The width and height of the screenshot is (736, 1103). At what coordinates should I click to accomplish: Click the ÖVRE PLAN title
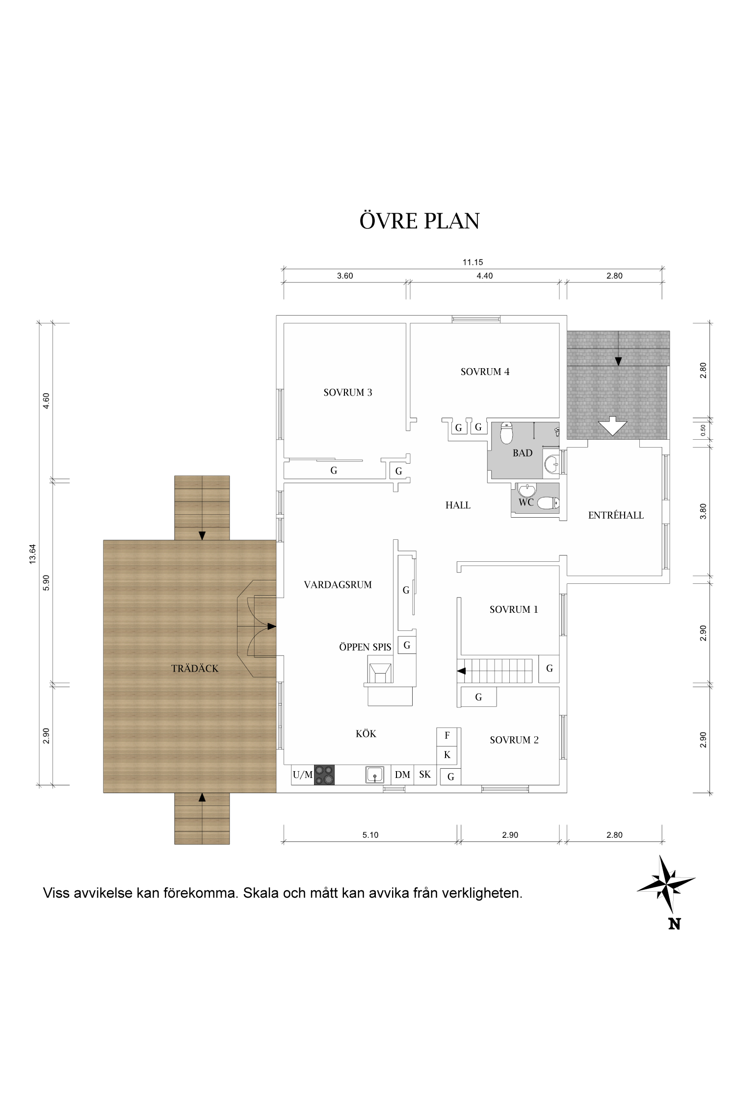click(x=420, y=221)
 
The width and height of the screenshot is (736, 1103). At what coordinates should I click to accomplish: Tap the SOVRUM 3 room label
click(x=347, y=393)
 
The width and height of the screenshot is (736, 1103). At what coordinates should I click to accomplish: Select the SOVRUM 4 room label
click(x=485, y=372)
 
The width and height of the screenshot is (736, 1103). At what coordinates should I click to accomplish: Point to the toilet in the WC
click(x=548, y=503)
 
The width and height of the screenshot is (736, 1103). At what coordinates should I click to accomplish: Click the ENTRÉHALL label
click(x=616, y=515)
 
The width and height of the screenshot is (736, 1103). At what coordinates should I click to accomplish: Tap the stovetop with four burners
click(x=324, y=775)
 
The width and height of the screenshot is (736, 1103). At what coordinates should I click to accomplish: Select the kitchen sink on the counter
click(x=375, y=775)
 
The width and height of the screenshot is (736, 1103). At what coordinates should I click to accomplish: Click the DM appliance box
click(x=402, y=775)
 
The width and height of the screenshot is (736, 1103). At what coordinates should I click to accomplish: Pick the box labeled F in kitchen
click(x=447, y=736)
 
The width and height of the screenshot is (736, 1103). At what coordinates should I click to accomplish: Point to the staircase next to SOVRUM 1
click(x=497, y=671)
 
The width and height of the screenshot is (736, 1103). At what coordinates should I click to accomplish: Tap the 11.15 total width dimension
click(x=473, y=262)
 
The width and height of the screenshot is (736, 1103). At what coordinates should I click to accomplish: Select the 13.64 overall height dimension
click(x=33, y=554)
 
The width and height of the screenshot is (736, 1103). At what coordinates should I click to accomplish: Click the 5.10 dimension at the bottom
click(x=370, y=835)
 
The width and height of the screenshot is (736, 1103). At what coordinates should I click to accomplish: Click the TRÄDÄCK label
click(x=195, y=669)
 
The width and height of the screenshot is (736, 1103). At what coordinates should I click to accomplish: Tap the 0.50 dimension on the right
click(x=703, y=430)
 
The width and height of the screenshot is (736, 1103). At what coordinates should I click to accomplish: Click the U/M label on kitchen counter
click(x=302, y=775)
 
